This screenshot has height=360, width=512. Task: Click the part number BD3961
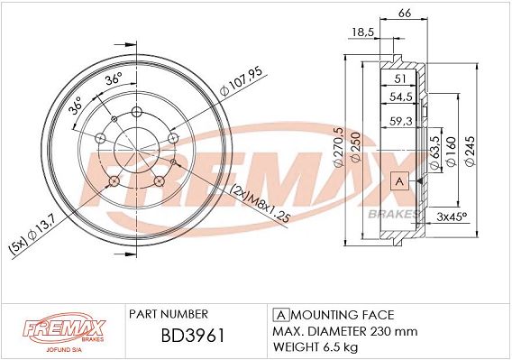[x=193, y=336]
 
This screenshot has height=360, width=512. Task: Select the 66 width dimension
[x=404, y=13]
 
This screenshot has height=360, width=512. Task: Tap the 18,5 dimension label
[x=362, y=32]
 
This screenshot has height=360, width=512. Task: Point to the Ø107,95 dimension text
[x=242, y=82]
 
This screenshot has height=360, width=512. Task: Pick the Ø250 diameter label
[x=355, y=147]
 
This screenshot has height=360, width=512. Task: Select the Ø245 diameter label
[x=470, y=151]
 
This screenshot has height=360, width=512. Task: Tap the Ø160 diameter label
[x=451, y=152]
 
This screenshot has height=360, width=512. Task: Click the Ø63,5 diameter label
[x=434, y=152]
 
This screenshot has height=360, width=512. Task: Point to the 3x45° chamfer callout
[x=452, y=217]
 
